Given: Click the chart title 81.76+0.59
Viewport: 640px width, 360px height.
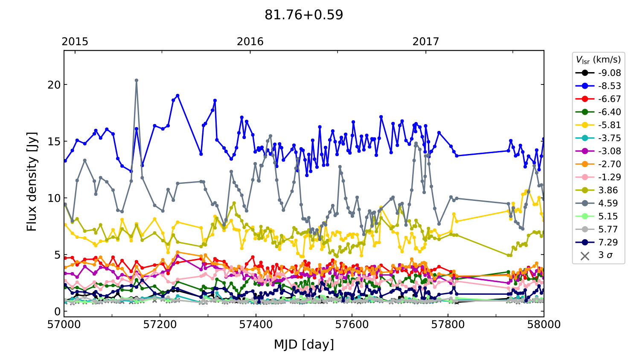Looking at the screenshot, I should pyautogui.click(x=304, y=15).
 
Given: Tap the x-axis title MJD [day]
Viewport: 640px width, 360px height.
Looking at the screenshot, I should pyautogui.click(x=304, y=344).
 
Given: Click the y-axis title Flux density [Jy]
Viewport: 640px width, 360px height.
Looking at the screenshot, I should pyautogui.click(x=32, y=181).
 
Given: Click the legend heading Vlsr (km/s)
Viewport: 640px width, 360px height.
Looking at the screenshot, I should pyautogui.click(x=598, y=60).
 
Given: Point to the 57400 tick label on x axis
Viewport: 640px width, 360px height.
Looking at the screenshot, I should pyautogui.click(x=256, y=325).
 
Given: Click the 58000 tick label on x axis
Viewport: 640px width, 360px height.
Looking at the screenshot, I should pyautogui.click(x=544, y=325).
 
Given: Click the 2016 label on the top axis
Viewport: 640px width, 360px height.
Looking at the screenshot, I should pyautogui.click(x=250, y=41).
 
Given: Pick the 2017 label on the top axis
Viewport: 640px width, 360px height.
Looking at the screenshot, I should pyautogui.click(x=425, y=41).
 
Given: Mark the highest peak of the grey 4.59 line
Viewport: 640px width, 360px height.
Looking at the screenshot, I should pyautogui.click(x=137, y=80).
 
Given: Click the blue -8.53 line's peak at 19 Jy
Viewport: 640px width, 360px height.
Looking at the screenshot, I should pyautogui.click(x=177, y=96).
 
